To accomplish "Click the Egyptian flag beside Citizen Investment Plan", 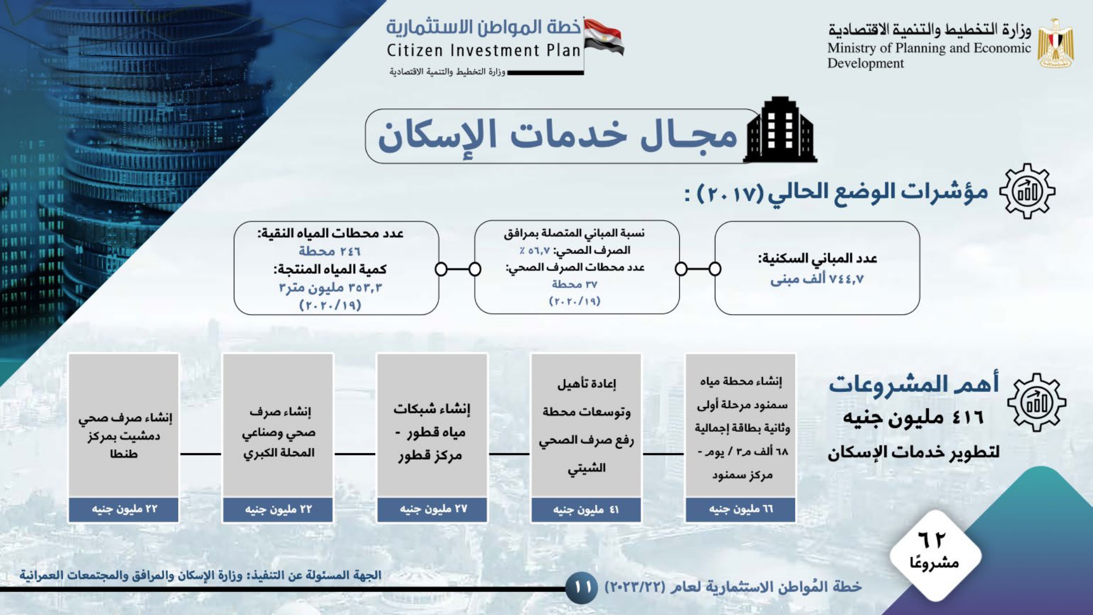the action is click(604, 37).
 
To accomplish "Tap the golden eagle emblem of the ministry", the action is click(1056, 44).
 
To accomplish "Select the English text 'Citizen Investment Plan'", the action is click(484, 50).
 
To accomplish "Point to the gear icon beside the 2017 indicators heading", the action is click(1027, 191).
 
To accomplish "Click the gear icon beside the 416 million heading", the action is click(1037, 403).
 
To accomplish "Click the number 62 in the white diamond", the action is click(932, 540).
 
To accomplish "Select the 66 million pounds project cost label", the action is click(741, 509).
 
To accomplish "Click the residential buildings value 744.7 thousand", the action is click(817, 279).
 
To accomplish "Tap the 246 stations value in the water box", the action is click(330, 251).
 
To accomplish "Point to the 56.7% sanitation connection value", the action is click(534, 250).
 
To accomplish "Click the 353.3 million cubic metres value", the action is click(330, 288).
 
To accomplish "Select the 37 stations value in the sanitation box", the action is click(574, 284).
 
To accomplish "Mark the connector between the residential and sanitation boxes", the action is click(698, 269).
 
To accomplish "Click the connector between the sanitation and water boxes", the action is click(458, 269).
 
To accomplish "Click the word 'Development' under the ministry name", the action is click(866, 63).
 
